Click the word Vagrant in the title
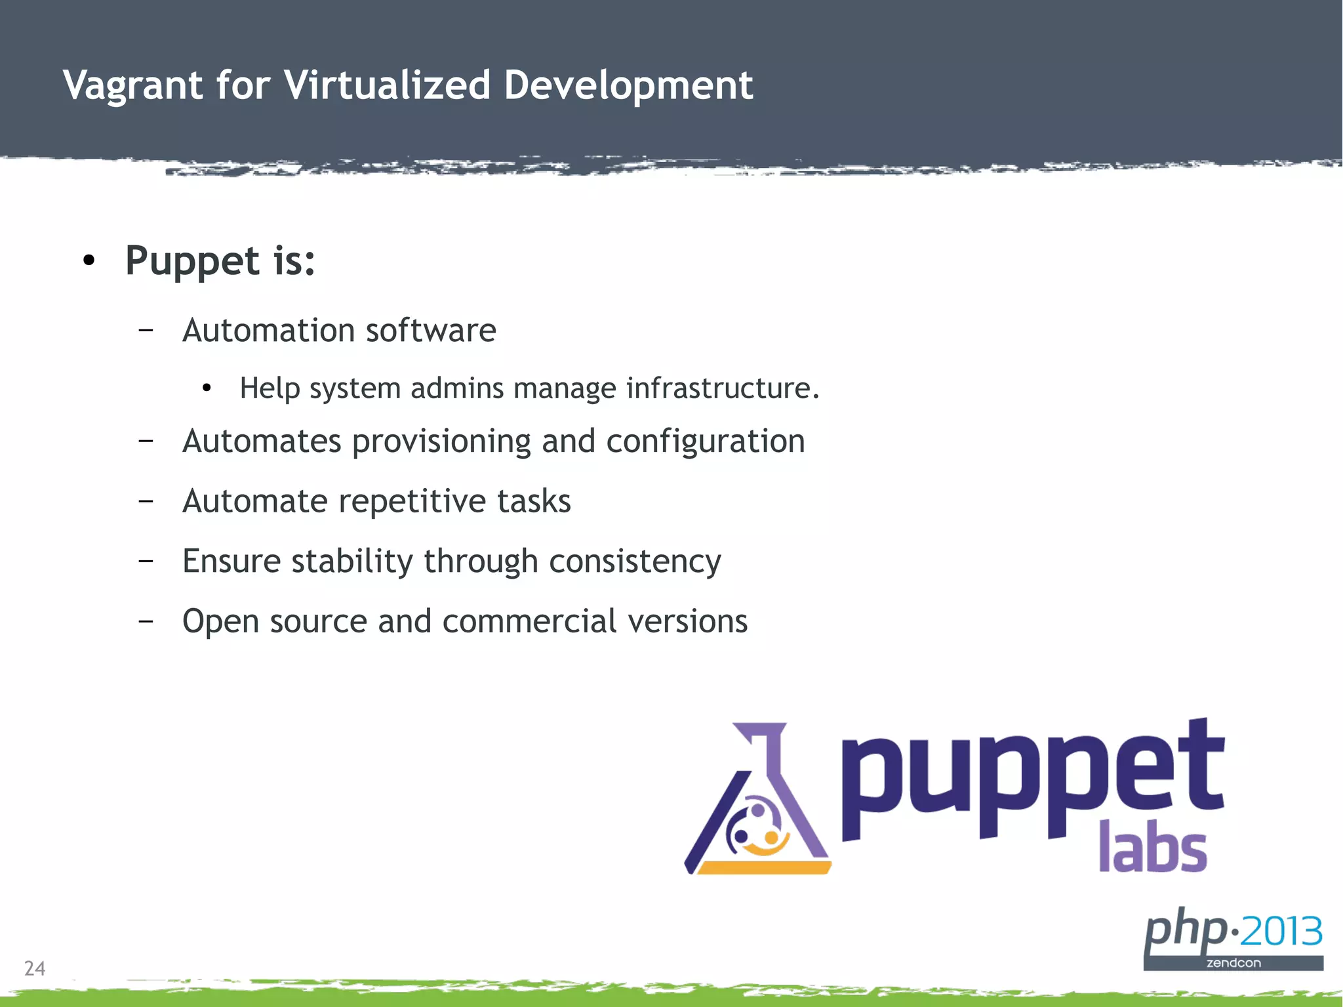click(132, 86)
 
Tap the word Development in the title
click(628, 86)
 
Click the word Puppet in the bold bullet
click(192, 261)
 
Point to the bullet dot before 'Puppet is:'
click(89, 261)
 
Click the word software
click(431, 330)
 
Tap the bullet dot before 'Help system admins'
click(207, 388)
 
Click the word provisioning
click(441, 441)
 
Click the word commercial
click(529, 621)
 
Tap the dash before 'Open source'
click(146, 621)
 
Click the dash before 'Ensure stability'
click(146, 561)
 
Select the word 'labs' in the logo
click(1152, 848)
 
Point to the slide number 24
click(35, 968)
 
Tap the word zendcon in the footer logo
click(1233, 963)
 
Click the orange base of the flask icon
click(763, 868)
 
